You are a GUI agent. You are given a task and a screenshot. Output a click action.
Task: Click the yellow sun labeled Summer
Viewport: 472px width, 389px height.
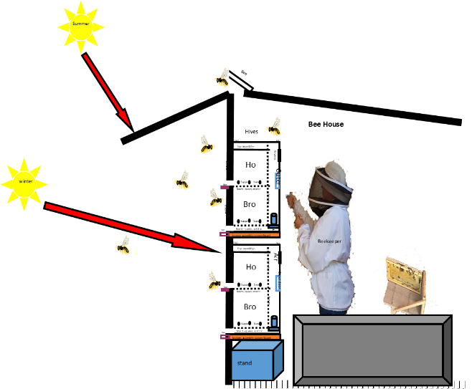click(81, 26)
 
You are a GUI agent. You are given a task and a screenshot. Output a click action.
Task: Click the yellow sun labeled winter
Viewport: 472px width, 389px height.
click(24, 183)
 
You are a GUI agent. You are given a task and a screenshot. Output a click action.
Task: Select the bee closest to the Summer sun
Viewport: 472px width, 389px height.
click(222, 77)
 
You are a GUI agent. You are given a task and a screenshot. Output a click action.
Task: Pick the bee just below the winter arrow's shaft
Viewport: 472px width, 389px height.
click(123, 246)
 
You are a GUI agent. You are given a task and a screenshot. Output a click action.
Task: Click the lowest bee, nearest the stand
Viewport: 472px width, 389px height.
click(215, 280)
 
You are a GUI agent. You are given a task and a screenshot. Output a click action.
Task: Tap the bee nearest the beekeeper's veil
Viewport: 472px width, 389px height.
click(273, 127)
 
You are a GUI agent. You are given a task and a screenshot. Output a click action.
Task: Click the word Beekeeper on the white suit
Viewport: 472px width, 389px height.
click(329, 241)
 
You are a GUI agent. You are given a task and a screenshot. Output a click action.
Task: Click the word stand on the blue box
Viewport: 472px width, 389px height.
click(245, 363)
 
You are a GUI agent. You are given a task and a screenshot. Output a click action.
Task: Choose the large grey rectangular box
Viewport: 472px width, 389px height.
click(372, 350)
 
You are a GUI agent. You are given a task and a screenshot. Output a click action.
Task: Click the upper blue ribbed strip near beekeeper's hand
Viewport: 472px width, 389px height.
click(277, 181)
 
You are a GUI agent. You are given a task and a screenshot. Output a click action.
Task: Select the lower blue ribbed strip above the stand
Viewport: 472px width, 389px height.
click(277, 283)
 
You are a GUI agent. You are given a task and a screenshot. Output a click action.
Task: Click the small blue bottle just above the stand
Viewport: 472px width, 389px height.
click(273, 324)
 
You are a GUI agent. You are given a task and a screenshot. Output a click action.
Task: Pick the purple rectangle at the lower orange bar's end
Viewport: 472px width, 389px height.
click(225, 336)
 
